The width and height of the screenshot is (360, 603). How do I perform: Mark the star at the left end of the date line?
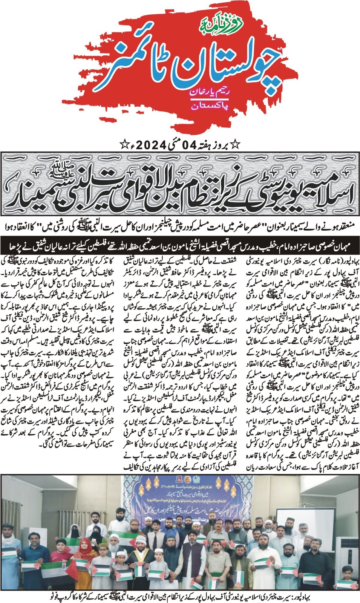pos(123,144)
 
